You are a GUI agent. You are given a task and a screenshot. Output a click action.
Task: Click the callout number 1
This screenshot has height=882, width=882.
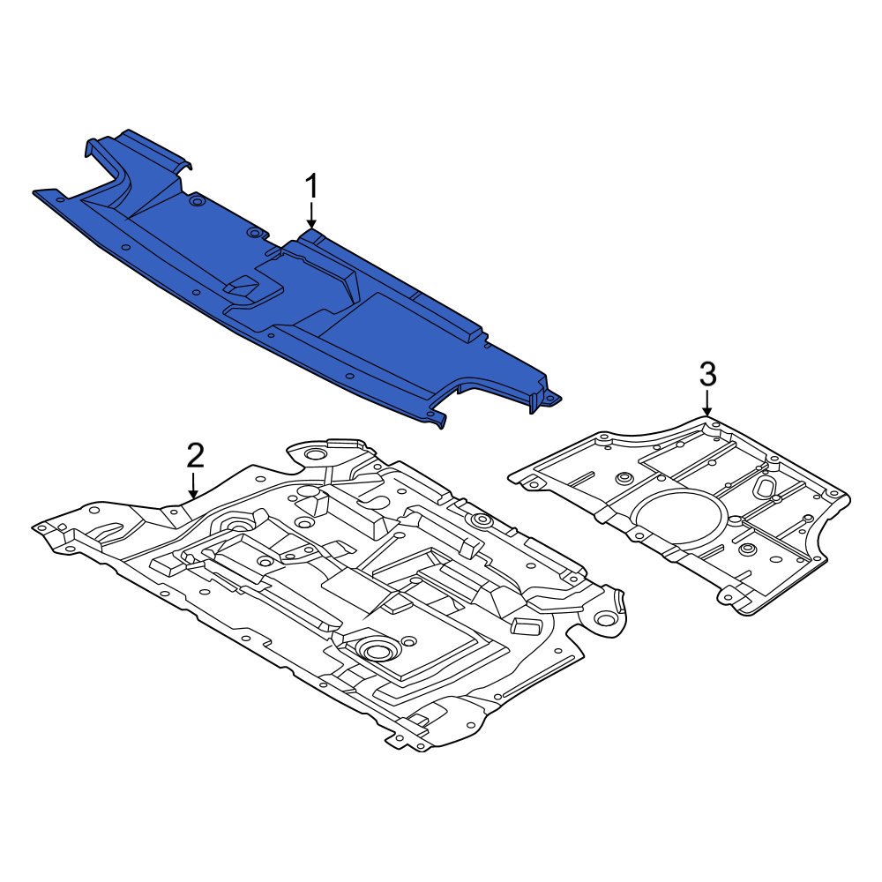point(311,186)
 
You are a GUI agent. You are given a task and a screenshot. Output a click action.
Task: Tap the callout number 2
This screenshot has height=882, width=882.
point(195,456)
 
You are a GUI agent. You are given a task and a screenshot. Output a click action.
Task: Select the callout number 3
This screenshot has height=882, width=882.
point(707,374)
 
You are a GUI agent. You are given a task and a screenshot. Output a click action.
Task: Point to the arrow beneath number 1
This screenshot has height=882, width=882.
point(311,216)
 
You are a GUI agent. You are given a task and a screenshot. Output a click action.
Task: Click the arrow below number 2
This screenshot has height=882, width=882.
point(194,485)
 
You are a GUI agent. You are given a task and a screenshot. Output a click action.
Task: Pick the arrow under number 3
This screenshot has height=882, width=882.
point(707,404)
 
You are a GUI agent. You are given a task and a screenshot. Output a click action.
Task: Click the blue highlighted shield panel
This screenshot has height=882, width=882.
point(293,281)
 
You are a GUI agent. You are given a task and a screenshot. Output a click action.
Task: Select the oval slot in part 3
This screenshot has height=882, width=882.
point(766,485)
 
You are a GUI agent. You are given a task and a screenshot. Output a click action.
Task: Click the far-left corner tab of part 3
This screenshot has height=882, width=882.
point(526,482)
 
